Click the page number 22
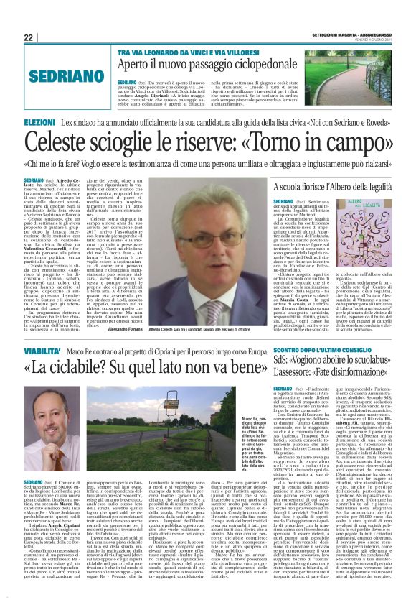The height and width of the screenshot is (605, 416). pyautogui.click(x=29, y=38)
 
